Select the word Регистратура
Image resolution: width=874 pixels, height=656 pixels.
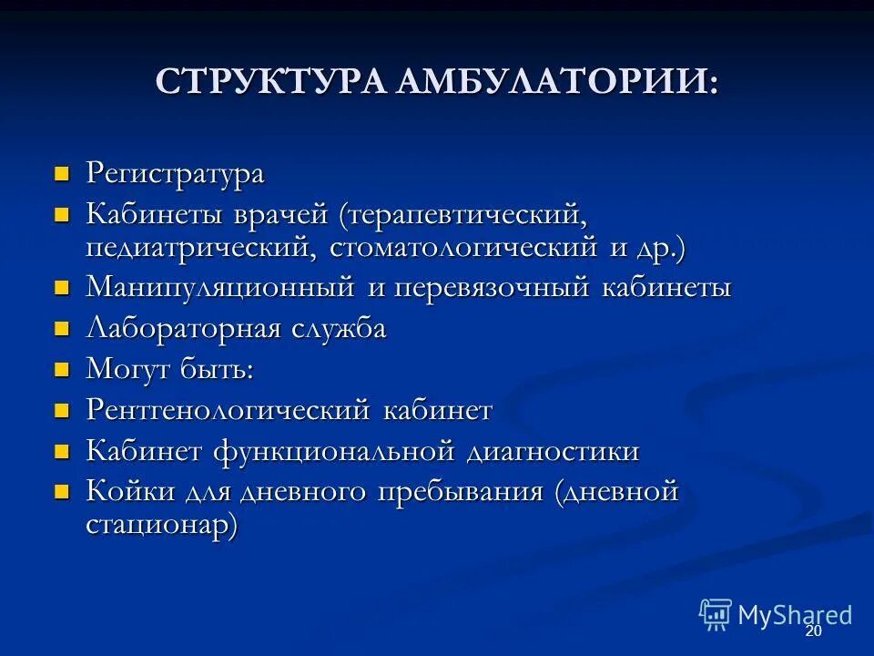[x=175, y=172]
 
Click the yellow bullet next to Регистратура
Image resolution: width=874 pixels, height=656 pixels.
[x=62, y=171]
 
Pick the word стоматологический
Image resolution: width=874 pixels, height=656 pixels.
[x=464, y=247]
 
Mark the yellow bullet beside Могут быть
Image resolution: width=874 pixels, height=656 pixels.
[x=62, y=369]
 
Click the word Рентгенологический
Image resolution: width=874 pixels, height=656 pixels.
[x=228, y=410]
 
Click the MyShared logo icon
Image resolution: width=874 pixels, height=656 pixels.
[x=716, y=614]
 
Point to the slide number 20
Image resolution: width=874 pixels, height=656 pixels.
[x=813, y=631]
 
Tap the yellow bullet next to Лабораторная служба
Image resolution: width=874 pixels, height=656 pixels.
[x=62, y=328]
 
